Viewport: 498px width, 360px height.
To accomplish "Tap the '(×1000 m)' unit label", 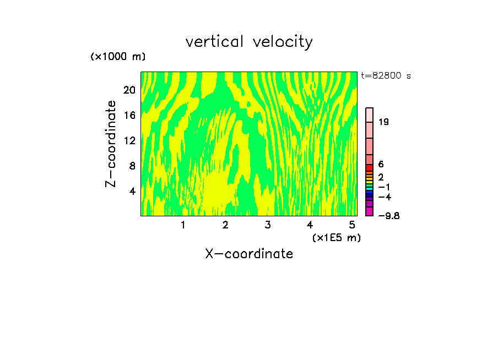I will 118,57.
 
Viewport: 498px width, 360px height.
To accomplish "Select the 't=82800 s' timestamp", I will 386,76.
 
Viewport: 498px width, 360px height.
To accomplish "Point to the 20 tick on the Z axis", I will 129,90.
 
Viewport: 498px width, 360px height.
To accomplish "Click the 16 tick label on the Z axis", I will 129,116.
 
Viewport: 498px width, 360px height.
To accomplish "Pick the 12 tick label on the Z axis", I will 129,140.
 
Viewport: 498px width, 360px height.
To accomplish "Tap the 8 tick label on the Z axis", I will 132,166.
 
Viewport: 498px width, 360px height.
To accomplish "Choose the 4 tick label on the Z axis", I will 132,191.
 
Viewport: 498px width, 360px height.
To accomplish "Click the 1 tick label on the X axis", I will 183,225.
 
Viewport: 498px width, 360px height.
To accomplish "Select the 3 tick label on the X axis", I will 268,225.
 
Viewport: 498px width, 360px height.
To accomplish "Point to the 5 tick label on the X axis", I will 352,225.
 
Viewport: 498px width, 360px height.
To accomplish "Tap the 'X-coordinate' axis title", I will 249,254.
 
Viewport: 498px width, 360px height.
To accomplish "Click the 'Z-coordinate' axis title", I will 111,143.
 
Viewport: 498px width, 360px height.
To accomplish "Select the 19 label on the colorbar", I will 384,122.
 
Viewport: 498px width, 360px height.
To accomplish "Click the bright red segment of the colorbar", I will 370,168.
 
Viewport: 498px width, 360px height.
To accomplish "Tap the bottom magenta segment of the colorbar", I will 370,212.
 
